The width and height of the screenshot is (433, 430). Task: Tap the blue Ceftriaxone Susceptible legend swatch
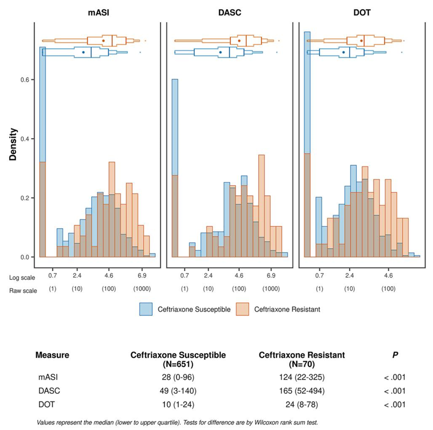[x=147, y=309]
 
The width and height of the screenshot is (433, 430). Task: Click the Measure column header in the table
[x=53, y=355]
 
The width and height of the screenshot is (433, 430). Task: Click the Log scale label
[x=21, y=277]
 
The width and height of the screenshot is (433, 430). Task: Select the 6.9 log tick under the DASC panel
[x=271, y=277]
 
